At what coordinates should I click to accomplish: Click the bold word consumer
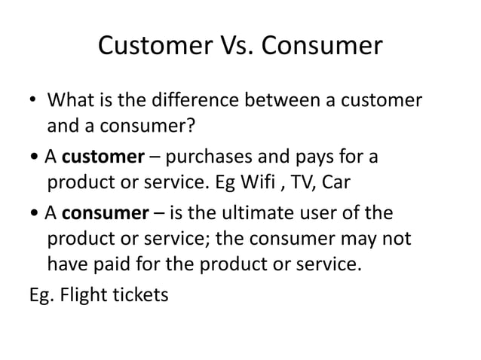pos(105,213)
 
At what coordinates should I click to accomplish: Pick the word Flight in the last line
pos(81,294)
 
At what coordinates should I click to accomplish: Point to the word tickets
pos(141,294)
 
